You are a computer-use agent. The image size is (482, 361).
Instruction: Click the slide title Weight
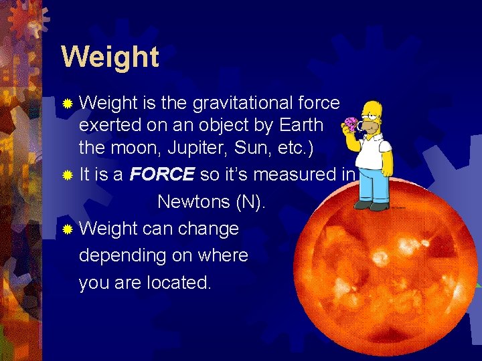[x=110, y=57]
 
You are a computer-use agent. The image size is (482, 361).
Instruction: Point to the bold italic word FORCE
[x=163, y=175]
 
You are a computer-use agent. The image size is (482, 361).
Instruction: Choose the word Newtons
[x=193, y=202]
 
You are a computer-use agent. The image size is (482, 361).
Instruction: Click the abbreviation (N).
[x=249, y=202]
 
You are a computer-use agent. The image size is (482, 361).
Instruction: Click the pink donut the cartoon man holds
[x=349, y=124]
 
